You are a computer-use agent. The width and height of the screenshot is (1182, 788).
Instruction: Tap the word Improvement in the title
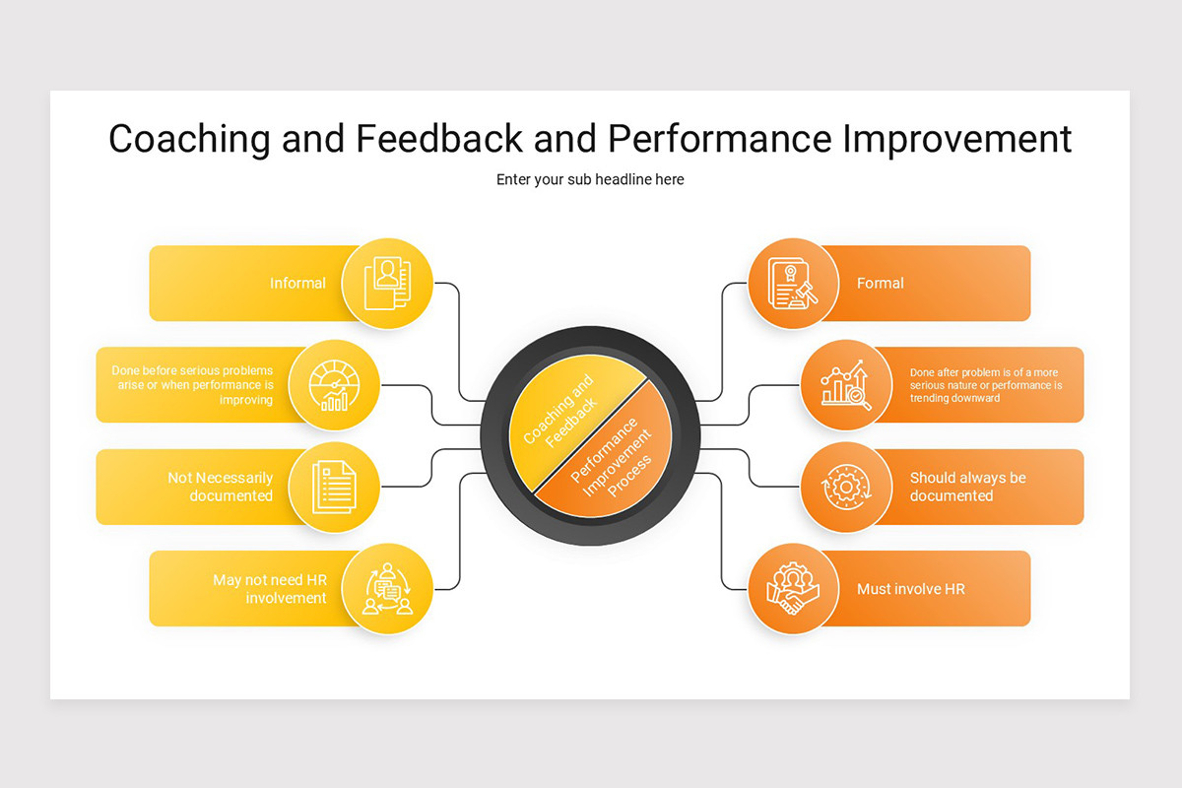[x=956, y=139]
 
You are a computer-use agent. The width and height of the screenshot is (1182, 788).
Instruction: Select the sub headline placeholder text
[x=590, y=179]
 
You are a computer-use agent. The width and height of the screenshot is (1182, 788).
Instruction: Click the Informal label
[x=297, y=283]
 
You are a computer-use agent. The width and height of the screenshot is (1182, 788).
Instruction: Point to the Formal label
[x=880, y=283]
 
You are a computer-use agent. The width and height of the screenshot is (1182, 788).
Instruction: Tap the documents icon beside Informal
[x=387, y=283]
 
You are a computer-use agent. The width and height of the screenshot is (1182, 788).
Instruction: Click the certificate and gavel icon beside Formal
[x=793, y=283]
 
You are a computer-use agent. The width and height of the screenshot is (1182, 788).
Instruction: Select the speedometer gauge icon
[x=335, y=385]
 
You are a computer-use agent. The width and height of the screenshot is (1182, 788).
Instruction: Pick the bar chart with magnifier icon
[x=845, y=385]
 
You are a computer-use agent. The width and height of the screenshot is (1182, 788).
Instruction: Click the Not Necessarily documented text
[x=221, y=487]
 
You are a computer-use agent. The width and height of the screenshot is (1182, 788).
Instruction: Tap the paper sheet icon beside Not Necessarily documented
[x=335, y=488]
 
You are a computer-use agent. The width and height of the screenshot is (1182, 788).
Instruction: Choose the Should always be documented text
[x=967, y=487]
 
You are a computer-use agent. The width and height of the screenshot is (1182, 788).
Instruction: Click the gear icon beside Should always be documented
[x=845, y=488]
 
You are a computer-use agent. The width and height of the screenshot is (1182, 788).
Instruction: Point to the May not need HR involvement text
[x=270, y=589]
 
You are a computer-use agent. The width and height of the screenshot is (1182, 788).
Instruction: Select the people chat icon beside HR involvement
[x=387, y=589]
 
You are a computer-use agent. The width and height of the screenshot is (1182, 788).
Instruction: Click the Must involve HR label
[x=910, y=589]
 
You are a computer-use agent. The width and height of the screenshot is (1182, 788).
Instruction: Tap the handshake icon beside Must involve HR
[x=793, y=589]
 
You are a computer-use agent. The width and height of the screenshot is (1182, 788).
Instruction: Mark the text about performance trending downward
[x=985, y=385]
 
